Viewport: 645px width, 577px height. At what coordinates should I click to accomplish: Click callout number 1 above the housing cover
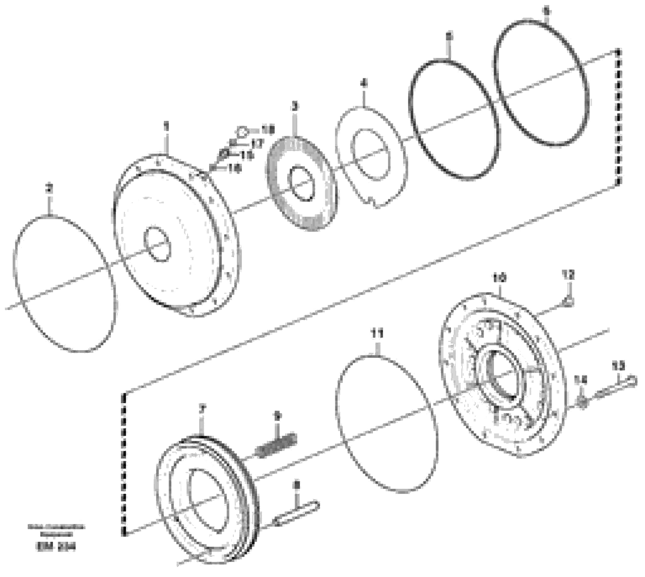(x=166, y=127)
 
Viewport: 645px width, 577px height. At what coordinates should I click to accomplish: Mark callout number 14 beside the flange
(x=583, y=380)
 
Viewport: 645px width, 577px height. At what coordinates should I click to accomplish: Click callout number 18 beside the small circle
(x=267, y=129)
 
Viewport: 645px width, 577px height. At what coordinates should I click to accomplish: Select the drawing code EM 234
(x=56, y=548)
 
